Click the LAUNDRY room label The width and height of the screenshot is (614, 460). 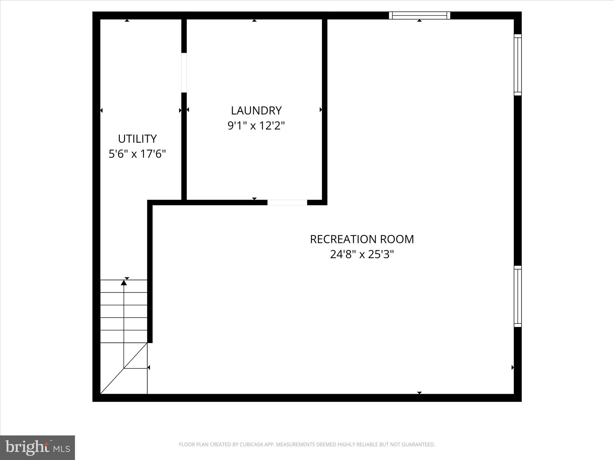click(x=256, y=111)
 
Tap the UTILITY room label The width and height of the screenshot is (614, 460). click(x=137, y=139)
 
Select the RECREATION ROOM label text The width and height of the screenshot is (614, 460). click(x=362, y=239)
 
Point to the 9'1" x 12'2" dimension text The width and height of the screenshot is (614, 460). click(x=256, y=126)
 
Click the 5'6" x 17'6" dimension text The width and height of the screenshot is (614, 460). click(x=137, y=154)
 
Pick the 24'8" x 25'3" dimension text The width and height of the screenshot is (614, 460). click(x=362, y=255)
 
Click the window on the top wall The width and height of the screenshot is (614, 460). click(x=419, y=15)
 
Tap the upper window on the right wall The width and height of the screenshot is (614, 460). click(x=518, y=65)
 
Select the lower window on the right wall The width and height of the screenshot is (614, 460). click(x=518, y=296)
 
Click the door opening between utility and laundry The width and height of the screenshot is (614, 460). click(x=184, y=73)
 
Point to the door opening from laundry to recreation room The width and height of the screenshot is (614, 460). click(x=287, y=202)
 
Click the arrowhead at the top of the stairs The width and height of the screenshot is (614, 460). click(x=124, y=282)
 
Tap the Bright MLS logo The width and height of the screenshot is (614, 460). click(x=37, y=447)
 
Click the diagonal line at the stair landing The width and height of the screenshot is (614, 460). click(x=124, y=368)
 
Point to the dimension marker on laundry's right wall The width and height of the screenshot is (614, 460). click(x=320, y=110)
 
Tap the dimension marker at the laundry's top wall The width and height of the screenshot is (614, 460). click(x=254, y=21)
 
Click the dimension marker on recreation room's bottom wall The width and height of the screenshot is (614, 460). click(x=419, y=393)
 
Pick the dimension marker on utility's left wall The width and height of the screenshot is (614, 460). click(x=102, y=111)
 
